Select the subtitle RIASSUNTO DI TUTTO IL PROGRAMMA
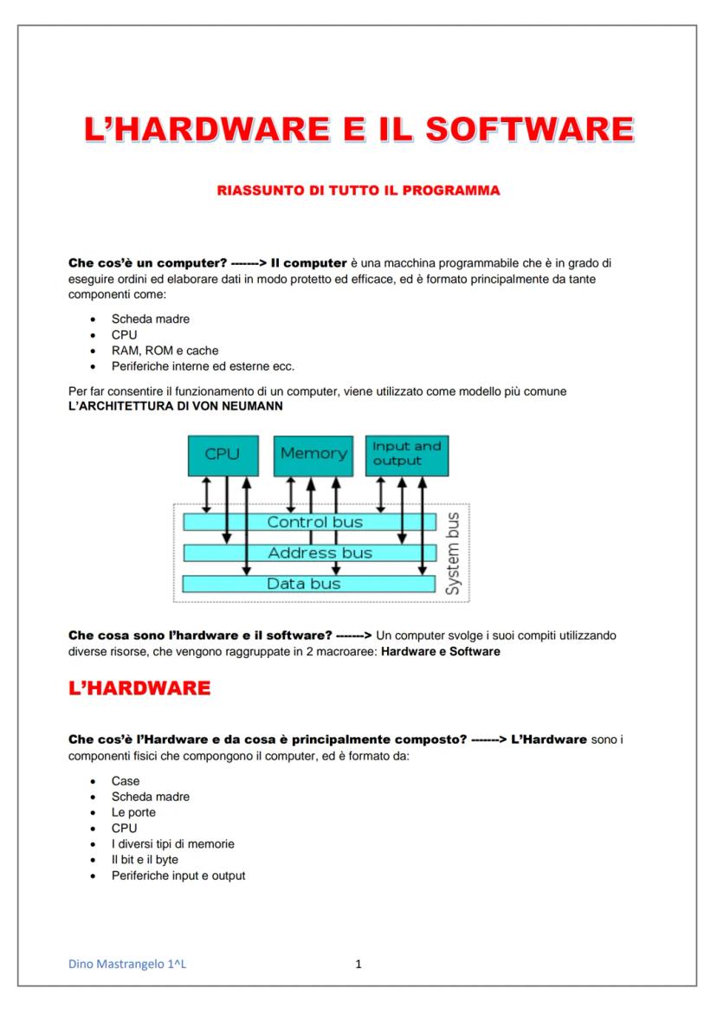(x=358, y=191)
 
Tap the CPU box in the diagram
(x=222, y=455)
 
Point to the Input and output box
(x=406, y=455)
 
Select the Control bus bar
(x=309, y=522)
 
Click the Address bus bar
(x=309, y=552)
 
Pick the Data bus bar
(x=309, y=584)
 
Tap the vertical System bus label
(x=452, y=553)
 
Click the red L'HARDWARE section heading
(x=139, y=688)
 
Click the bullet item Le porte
(x=133, y=812)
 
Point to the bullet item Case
(x=126, y=781)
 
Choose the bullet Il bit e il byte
(x=145, y=860)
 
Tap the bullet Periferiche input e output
(x=178, y=875)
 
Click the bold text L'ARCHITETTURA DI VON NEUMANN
(x=175, y=405)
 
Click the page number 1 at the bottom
(x=358, y=964)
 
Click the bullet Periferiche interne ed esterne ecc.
(x=203, y=366)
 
